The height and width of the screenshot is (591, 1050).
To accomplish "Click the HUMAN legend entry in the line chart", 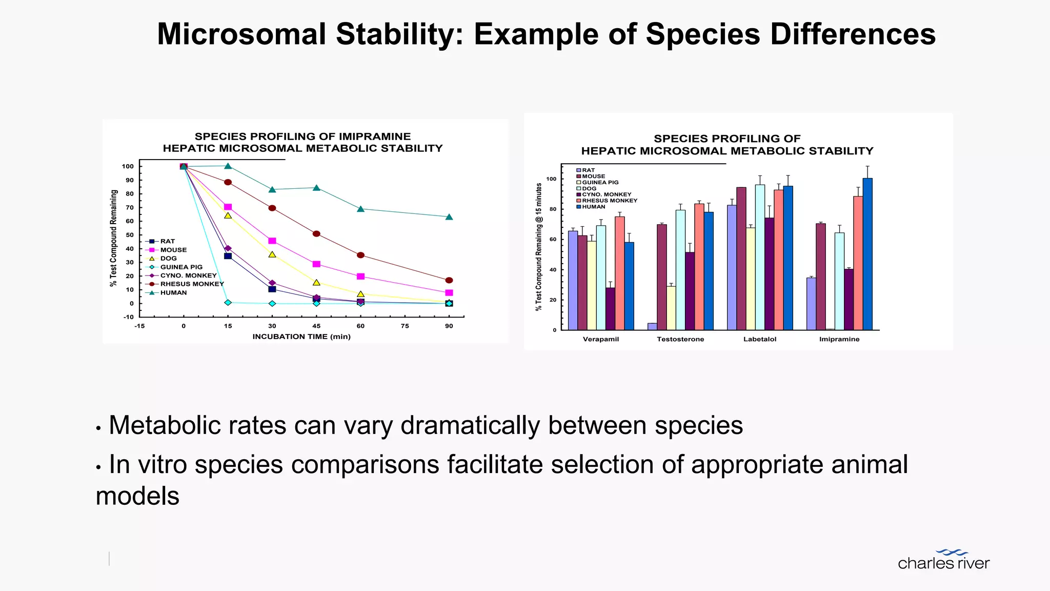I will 173,293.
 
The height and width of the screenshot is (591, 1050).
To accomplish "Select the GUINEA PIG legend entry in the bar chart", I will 600,183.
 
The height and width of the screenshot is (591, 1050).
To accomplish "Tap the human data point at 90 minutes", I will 449,217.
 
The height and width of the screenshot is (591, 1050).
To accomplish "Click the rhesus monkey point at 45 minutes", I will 316,234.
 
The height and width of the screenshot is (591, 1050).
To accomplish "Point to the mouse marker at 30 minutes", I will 272,241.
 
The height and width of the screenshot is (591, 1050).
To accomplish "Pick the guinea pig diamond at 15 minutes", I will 228,303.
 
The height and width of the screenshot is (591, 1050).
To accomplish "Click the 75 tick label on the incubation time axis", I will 405,326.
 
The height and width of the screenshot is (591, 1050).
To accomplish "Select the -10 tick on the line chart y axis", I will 128,317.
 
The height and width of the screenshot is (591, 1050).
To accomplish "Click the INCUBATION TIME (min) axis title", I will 301,337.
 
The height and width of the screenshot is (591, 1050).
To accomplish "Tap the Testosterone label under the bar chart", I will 680,339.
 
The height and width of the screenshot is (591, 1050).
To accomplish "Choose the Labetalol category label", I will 760,339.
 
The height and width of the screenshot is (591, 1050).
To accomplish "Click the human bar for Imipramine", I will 867,254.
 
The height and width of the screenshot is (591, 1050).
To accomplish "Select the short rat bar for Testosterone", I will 652,326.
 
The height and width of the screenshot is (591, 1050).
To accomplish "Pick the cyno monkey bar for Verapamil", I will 610,308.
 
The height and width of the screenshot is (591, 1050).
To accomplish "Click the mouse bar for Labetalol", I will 741,259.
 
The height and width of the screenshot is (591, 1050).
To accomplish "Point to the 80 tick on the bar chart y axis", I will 552,209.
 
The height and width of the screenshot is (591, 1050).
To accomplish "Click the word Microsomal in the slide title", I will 241,34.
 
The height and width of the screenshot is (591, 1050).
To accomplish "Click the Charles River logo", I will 943,560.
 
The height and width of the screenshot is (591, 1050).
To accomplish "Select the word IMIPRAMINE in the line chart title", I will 375,136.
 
